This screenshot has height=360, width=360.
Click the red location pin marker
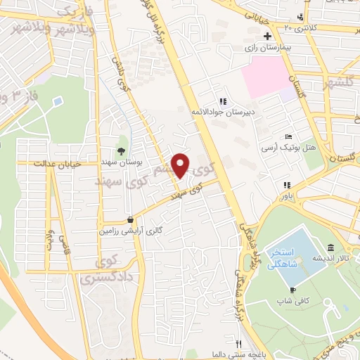click(x=181, y=165)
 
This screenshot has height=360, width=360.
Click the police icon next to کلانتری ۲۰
click(x=300, y=17)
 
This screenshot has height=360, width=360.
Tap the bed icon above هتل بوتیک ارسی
click(x=289, y=136)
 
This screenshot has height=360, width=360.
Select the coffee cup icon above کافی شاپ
click(x=292, y=290)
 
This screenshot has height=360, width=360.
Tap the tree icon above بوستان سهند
click(x=121, y=150)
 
